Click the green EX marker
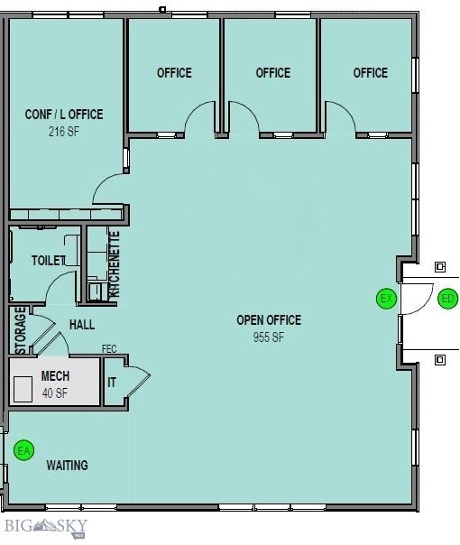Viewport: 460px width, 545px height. tap(386, 299)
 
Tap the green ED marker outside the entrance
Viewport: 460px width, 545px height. tap(448, 299)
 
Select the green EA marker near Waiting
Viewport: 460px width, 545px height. tap(24, 449)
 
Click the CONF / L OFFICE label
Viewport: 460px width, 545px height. tap(63, 115)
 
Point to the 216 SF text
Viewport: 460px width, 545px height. tap(63, 131)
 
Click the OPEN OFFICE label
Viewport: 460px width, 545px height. tap(269, 320)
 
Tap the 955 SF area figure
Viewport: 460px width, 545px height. tap(269, 337)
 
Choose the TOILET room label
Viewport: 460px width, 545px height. tap(48, 261)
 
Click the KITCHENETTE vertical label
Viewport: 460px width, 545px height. tap(115, 265)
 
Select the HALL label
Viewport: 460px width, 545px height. tap(81, 325)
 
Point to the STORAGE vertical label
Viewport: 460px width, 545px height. tap(20, 330)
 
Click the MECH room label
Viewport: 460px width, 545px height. tap(55, 376)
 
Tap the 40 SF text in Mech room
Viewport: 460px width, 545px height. tap(55, 393)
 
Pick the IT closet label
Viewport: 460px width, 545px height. tap(112, 383)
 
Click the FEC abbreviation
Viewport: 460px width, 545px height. tap(109, 348)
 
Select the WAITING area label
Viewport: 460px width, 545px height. tap(68, 466)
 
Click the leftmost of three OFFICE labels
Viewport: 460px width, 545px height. tap(174, 73)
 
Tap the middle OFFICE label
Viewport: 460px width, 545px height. tap(272, 73)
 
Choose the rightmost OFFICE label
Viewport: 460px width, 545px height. tap(370, 73)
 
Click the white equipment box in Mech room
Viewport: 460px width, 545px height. tap(23, 388)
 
